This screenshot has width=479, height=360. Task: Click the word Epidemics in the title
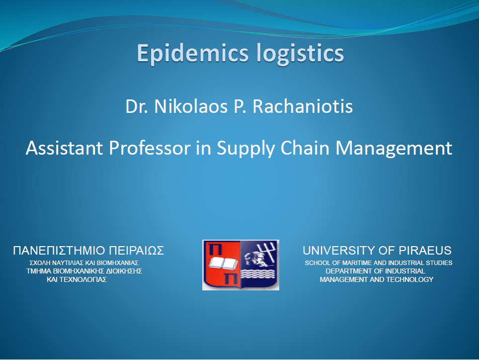pyautogui.click(x=193, y=54)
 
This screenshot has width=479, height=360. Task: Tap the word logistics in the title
pyautogui.click(x=300, y=54)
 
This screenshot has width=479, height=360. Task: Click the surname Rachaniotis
pyautogui.click(x=303, y=106)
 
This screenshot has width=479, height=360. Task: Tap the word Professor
pyautogui.click(x=150, y=148)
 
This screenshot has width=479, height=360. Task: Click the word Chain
pyautogui.click(x=305, y=148)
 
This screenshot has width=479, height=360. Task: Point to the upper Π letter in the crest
pyautogui.click(x=215, y=250)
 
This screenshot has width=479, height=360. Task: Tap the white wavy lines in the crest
pyautogui.click(x=258, y=274)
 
